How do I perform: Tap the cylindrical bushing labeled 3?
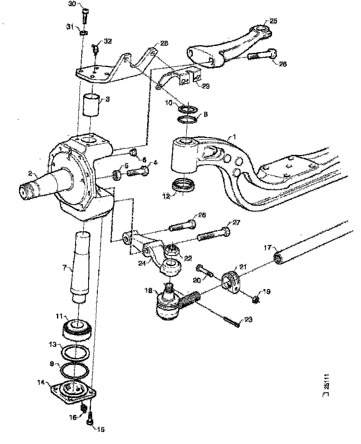91,105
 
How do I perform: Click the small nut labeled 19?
256,299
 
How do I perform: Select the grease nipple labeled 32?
96,50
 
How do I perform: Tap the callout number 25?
274,21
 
